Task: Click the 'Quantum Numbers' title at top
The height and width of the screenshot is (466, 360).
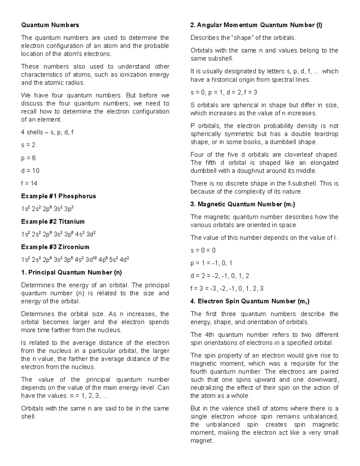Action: pos(50,25)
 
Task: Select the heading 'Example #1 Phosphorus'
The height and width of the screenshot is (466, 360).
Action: pos(58,196)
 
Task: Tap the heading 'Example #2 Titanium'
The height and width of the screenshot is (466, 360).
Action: pos(53,222)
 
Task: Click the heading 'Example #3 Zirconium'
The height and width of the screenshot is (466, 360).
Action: pos(55,247)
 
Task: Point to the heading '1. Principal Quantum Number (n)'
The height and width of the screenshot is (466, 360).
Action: pos(71,273)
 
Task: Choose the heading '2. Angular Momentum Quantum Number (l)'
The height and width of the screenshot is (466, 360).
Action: pos(256,25)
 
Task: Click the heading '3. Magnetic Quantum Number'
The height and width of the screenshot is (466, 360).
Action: pos(243,205)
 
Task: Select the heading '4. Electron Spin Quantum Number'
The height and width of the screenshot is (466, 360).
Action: pos(250,302)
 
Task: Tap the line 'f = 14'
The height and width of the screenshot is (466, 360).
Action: pos(29,183)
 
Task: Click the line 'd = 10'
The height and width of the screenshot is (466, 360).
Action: pos(30,171)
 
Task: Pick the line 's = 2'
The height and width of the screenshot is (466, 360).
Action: pos(28,145)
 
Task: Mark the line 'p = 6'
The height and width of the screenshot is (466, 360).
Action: pos(28,158)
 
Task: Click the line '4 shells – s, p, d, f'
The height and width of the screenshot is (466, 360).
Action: pos(47,132)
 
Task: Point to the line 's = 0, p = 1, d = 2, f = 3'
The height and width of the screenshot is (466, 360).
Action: pos(224,92)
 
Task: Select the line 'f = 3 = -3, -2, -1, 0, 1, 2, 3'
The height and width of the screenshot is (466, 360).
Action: pos(227,289)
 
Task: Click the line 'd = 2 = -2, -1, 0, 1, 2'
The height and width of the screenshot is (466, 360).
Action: pos(220,276)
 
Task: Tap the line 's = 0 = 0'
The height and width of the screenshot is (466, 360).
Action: pos(203,251)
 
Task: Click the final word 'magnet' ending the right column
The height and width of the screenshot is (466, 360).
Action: pos(202,441)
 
